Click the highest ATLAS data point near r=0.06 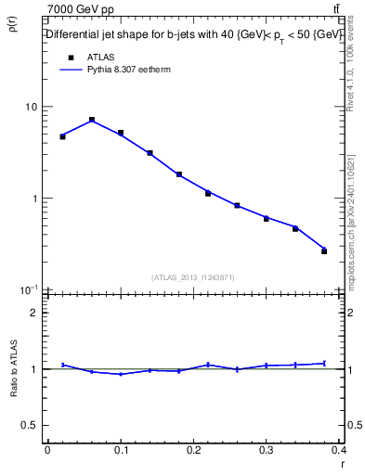pyautogui.click(x=92, y=120)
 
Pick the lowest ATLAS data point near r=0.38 pyautogui.click(x=324, y=250)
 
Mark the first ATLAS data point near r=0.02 pyautogui.click(x=62, y=136)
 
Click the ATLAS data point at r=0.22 pyautogui.click(x=208, y=193)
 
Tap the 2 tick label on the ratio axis pyautogui.click(x=34, y=313)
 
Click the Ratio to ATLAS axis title pyautogui.click(x=13, y=370)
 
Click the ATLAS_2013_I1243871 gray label pyautogui.click(x=193, y=277)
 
